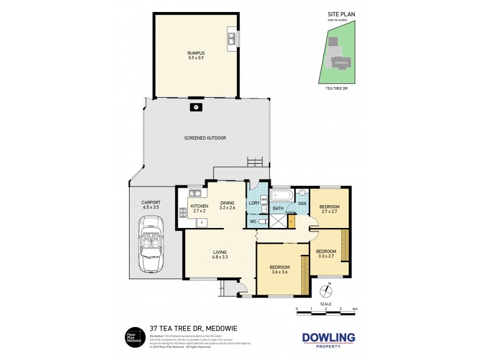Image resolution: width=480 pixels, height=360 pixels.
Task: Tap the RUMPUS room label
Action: point(196,55)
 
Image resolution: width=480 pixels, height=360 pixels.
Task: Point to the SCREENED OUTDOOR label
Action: point(205,138)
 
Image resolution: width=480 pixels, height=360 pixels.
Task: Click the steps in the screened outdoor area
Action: point(256,161)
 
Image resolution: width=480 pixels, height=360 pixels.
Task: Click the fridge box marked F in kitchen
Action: point(202,222)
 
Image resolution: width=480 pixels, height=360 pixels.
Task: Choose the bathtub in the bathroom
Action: point(281,196)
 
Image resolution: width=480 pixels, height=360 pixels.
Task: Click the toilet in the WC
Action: point(262,221)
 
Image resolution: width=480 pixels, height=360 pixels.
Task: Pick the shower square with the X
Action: point(278,221)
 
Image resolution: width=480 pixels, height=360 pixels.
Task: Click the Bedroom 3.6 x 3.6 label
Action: point(280,269)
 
